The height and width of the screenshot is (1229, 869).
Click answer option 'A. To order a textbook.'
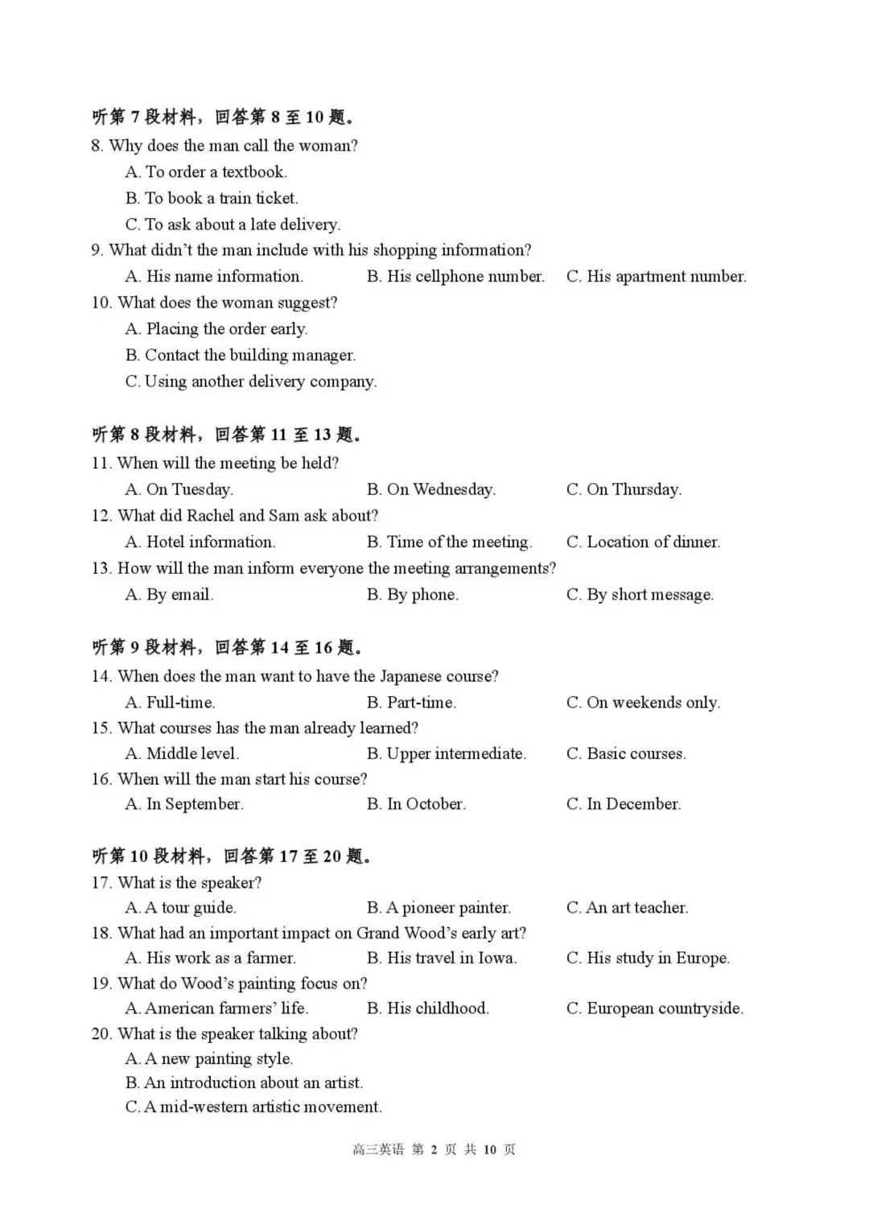206,172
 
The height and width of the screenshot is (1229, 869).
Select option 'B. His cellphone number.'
455,277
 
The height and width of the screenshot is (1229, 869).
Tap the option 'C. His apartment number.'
656,277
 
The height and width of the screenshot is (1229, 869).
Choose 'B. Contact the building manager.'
240,356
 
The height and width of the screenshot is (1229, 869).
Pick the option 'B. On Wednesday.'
431,490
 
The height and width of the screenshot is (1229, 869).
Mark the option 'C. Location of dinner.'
643,542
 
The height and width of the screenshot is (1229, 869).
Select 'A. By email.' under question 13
169,596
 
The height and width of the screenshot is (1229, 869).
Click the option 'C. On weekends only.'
643,703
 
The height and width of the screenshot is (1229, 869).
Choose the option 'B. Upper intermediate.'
447,754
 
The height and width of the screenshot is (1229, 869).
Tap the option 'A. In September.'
184,804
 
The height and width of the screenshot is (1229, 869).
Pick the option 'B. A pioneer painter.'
439,908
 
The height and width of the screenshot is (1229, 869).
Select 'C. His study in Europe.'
648,958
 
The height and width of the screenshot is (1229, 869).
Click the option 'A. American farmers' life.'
216,1008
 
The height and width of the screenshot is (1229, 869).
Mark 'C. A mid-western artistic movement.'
253,1107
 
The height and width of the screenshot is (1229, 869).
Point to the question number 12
101,516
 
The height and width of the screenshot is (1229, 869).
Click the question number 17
101,883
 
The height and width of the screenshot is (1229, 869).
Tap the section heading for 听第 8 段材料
227,435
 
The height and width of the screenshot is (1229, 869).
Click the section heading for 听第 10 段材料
232,856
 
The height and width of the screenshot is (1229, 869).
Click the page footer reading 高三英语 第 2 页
434,1150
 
